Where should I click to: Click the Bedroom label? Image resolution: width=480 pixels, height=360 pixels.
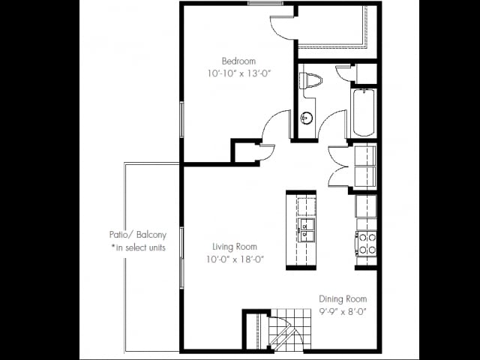pyautogui.click(x=238, y=61)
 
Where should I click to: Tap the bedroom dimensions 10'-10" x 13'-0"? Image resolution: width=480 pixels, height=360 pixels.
pyautogui.click(x=238, y=73)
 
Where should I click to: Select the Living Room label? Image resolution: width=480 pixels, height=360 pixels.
pyautogui.click(x=235, y=247)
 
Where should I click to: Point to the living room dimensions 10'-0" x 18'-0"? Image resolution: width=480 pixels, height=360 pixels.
pyautogui.click(x=235, y=259)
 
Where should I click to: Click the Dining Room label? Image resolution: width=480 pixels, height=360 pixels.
pyautogui.click(x=343, y=298)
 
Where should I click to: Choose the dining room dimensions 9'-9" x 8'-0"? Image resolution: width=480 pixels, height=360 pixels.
pyautogui.click(x=343, y=311)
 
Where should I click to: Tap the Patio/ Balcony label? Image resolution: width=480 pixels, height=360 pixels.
pyautogui.click(x=137, y=234)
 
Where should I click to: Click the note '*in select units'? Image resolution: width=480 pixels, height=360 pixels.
pyautogui.click(x=138, y=247)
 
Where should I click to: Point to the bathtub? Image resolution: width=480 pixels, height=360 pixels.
pyautogui.click(x=363, y=112)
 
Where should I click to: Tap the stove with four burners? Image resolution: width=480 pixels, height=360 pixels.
pyautogui.click(x=366, y=243)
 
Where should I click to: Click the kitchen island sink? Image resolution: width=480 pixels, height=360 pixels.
pyautogui.click(x=306, y=227)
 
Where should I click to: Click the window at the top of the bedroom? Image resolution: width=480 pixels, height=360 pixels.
pyautogui.click(x=265, y=3)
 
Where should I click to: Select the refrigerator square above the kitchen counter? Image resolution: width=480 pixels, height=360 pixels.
pyautogui.click(x=366, y=205)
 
